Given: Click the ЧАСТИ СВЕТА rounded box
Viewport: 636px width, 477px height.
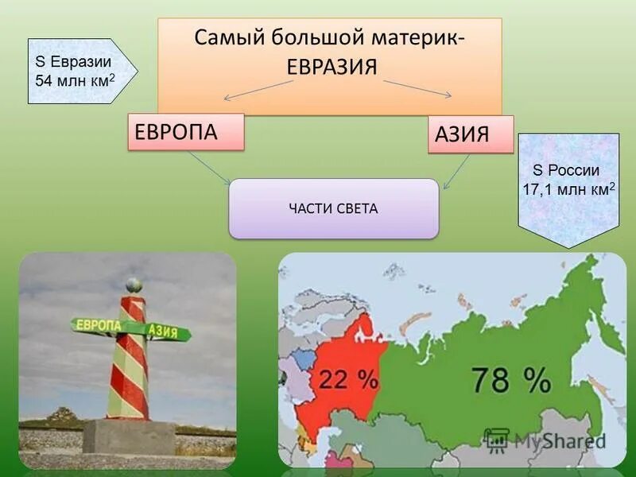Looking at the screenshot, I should [333, 209].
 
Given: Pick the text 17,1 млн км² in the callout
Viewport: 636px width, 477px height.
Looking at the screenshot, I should [568, 189].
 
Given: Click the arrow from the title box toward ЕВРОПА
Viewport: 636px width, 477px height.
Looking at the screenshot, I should [258, 90].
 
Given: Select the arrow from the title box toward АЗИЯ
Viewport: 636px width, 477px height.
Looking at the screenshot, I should [417, 88].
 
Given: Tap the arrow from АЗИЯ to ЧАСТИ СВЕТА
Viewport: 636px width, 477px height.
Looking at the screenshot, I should [456, 171].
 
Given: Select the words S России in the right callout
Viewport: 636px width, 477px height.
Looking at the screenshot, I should [566, 170].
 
